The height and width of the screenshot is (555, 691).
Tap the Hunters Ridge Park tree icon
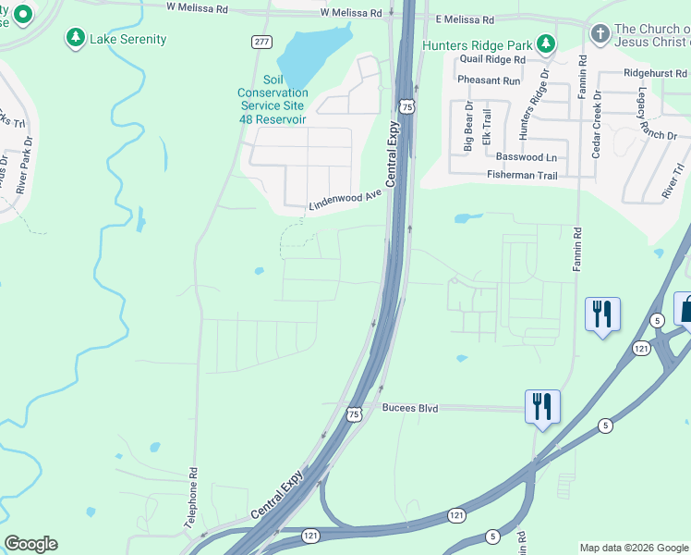click(547, 43)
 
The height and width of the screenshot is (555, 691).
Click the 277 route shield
click(261, 42)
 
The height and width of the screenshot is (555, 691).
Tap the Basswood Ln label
click(527, 157)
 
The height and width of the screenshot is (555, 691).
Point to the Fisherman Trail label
click(524, 175)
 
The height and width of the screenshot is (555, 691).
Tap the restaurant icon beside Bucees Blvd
click(542, 405)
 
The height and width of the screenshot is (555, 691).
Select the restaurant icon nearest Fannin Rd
click(602, 314)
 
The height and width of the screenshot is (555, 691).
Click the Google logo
click(30, 544)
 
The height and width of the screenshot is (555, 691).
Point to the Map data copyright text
click(634, 548)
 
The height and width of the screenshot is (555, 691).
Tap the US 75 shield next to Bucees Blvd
click(354, 415)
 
